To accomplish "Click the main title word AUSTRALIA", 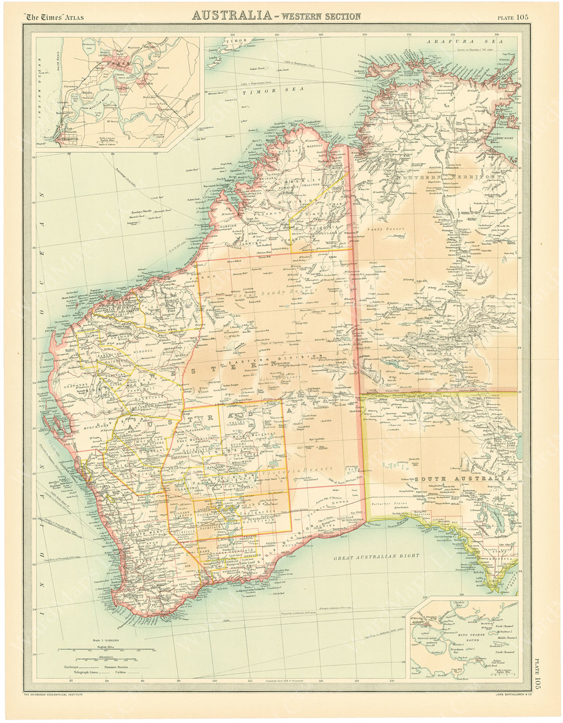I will [x=232, y=16].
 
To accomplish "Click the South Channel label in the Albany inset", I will [x=505, y=652].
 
